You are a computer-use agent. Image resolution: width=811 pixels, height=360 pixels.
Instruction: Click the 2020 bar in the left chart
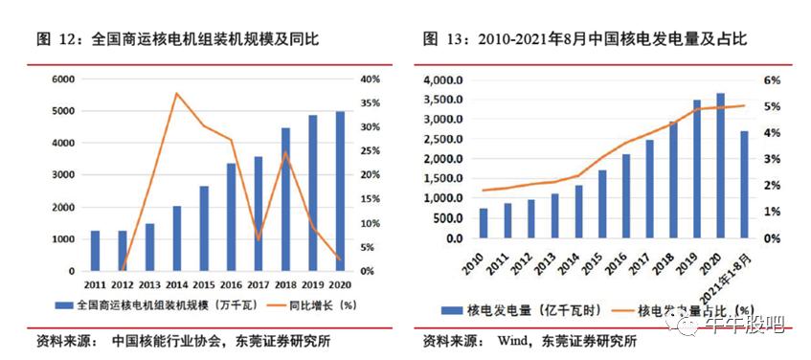point(340,191)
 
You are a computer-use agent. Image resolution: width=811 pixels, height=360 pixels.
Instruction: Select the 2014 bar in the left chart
point(177,238)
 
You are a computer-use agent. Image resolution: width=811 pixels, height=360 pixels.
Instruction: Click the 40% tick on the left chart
point(370,79)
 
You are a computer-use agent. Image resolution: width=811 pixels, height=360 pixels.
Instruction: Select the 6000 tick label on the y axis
point(63,79)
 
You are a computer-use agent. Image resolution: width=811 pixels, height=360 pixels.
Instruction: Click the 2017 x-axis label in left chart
point(259,284)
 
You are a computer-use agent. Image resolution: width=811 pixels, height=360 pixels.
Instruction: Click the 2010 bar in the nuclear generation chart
point(483,223)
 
